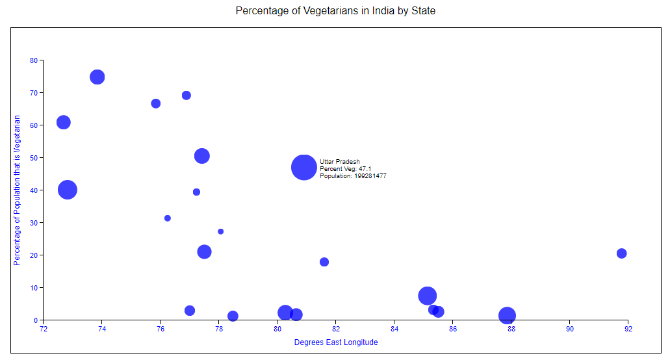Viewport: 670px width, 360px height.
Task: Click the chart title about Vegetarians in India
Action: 335,11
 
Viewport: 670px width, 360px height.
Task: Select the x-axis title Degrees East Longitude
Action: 335,342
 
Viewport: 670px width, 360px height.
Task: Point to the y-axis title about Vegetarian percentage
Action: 18,190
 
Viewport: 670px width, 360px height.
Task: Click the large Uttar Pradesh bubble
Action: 303,167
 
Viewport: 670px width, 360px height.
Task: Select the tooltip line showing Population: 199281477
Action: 353,176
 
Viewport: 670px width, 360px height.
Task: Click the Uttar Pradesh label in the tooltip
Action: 339,162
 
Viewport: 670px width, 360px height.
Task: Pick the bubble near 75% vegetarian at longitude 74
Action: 97,77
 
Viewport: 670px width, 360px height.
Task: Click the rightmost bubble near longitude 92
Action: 621,253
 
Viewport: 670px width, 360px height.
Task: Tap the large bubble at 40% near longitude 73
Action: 68,190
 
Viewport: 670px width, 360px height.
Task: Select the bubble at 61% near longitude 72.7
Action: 63,122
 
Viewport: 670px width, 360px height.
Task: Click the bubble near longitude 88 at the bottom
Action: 507,316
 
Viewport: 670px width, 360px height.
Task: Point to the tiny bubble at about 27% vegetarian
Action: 221,231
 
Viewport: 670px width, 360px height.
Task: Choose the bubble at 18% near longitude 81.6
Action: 324,262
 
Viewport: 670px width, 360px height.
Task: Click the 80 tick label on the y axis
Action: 34,60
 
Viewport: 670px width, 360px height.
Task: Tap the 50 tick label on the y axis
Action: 34,158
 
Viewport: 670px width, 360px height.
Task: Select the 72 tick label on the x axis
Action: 44,329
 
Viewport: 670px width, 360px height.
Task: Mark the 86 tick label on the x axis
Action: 453,329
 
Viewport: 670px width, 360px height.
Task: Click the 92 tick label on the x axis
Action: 628,329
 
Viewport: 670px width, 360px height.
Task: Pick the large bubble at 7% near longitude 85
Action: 427,296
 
